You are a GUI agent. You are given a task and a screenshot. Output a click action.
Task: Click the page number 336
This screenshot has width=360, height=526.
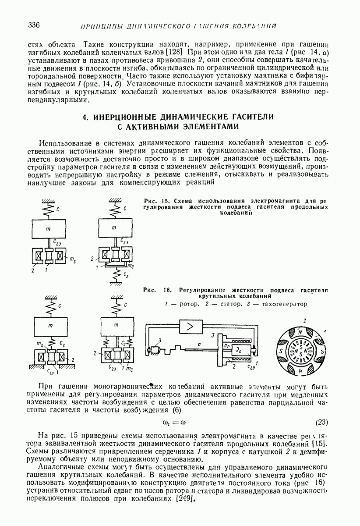pos(33,25)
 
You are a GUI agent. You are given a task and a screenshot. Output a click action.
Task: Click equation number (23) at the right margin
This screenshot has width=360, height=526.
pos(322,423)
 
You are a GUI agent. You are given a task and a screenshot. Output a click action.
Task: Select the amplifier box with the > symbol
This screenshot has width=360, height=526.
pos(189,327)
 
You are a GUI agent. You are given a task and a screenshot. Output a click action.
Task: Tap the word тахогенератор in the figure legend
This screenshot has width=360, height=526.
pos(284,304)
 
